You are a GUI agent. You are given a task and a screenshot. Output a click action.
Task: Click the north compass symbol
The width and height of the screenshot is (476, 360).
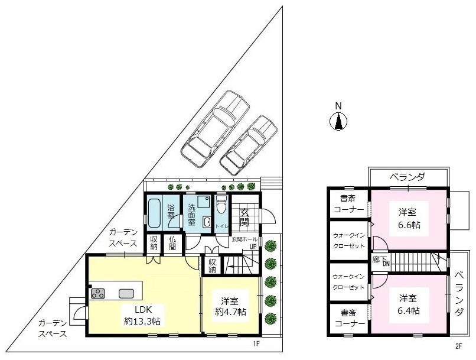tap(338, 121)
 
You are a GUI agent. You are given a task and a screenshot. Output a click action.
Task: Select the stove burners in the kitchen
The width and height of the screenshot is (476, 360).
tap(97, 293)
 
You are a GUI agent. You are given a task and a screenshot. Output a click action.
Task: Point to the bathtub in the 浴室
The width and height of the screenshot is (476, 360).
tap(155, 213)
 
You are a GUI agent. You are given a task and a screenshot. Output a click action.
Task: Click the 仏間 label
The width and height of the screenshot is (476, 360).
tap(172, 244)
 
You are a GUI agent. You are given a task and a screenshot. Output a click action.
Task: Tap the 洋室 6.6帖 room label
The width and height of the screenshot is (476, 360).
tap(409, 218)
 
